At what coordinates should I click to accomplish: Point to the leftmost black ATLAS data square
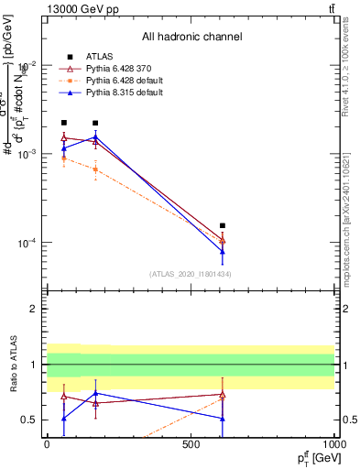coord(64,123)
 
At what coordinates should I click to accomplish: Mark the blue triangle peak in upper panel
coord(95,137)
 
